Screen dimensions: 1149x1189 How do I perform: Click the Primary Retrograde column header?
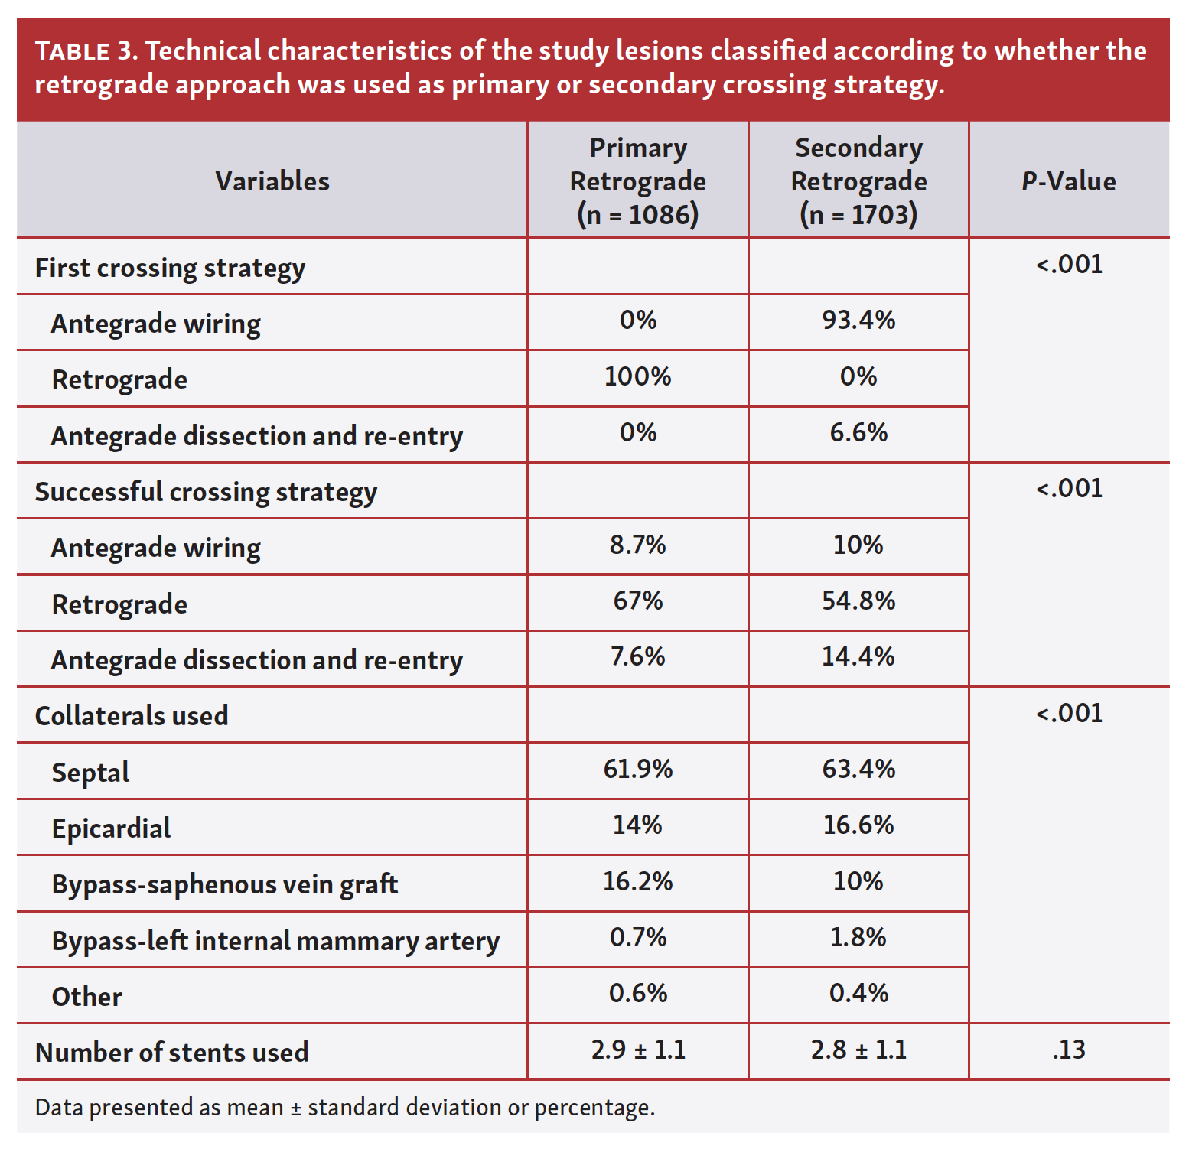637,181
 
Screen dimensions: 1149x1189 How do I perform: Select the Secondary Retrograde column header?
858,181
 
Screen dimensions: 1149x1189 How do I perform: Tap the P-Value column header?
1068,181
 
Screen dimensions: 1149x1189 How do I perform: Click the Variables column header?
272,181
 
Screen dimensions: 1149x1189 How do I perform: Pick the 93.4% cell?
858,320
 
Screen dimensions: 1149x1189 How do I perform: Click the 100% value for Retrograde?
637,376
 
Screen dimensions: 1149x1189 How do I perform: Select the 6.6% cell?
858,433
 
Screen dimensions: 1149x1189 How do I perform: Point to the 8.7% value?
637,545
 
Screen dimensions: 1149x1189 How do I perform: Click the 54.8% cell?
858,601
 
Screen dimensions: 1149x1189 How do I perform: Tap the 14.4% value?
858,656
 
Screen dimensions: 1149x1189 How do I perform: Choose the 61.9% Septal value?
637,769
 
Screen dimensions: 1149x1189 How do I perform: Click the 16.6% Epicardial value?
858,825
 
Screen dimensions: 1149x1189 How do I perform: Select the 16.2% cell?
637,881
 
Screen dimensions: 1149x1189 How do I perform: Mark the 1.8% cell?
858,937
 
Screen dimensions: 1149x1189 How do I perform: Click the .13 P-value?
1068,1050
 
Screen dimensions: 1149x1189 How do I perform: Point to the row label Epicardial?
112,828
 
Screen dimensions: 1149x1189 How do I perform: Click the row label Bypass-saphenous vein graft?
225,884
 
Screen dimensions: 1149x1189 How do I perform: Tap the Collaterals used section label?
132,716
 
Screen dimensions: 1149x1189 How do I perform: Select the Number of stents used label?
172,1053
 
